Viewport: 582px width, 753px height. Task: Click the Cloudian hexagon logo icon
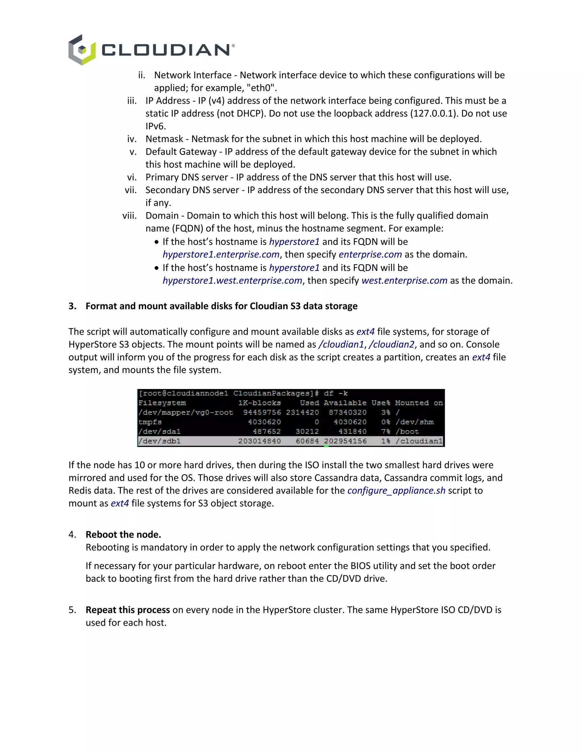point(82,50)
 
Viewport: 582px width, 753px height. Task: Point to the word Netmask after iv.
point(164,139)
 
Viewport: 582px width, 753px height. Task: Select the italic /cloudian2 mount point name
point(391,344)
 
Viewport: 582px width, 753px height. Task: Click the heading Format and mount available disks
point(221,306)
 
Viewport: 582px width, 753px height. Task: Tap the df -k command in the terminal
point(336,393)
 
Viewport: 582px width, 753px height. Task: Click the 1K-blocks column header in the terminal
point(259,403)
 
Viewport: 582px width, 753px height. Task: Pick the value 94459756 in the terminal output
point(262,413)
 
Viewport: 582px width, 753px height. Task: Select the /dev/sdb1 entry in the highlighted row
point(159,441)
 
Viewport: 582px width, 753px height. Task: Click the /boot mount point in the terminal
point(407,432)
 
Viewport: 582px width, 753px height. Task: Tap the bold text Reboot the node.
point(123,535)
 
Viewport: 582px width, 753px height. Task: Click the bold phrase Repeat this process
point(128,610)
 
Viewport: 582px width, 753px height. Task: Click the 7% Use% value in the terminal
point(385,432)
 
